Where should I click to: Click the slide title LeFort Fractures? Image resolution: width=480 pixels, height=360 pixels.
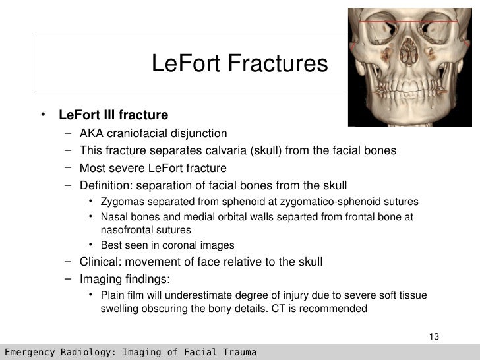tap(239, 64)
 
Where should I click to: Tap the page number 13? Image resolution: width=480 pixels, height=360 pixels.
tap(433, 338)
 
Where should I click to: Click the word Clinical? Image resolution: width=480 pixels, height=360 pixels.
tap(99, 262)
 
